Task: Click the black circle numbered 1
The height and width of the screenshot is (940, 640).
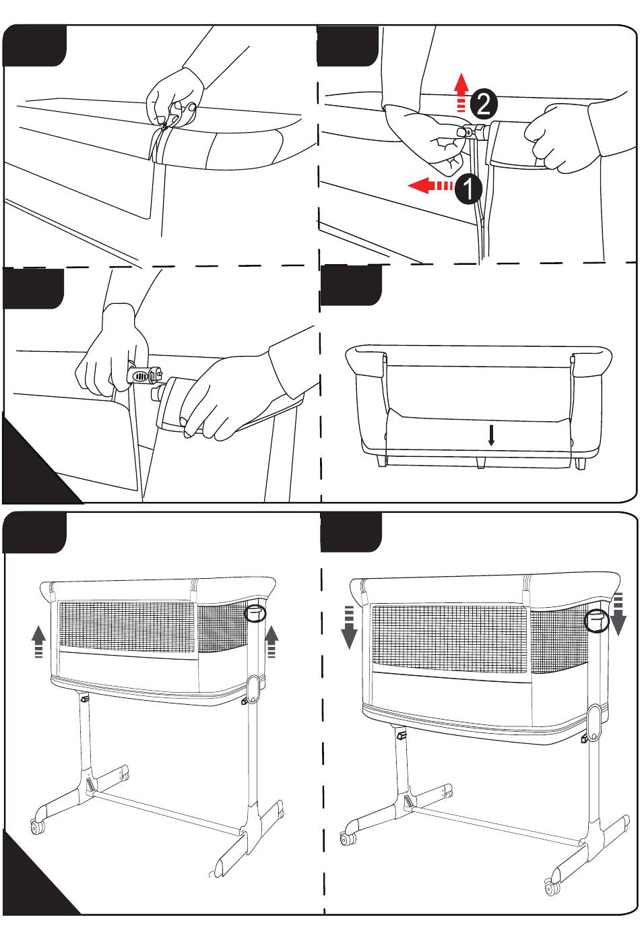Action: [468, 189]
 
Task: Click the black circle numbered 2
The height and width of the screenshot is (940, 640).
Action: [483, 104]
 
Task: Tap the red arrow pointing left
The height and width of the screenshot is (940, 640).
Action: [430, 185]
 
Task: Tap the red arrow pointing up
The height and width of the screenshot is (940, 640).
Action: [461, 92]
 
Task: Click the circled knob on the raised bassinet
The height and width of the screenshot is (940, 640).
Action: [255, 614]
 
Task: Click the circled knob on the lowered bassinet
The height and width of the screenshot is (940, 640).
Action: [596, 619]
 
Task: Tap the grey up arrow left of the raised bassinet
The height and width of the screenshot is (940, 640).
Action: [38, 641]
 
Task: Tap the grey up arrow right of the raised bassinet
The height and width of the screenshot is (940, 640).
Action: [271, 641]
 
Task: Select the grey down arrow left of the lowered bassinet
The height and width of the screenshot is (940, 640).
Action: [349, 627]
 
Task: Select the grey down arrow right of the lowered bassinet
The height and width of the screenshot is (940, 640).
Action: [618, 614]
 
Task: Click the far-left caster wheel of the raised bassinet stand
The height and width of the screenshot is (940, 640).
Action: [38, 827]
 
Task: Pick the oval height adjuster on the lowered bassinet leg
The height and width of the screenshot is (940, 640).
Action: [595, 722]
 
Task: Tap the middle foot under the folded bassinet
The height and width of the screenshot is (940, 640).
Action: [481, 462]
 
